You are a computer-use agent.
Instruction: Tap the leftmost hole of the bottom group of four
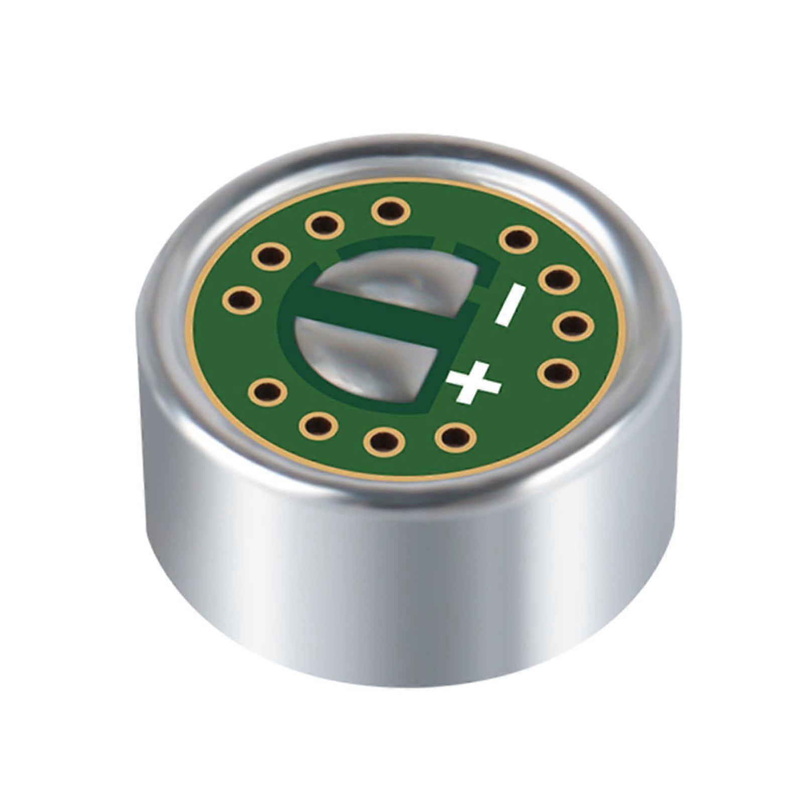click(266, 390)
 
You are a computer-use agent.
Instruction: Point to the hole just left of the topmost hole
click(321, 229)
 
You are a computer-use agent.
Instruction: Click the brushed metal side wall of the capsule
click(402, 628)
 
